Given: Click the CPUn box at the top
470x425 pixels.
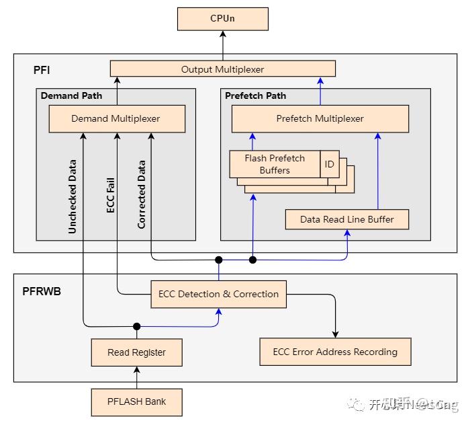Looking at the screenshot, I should tap(222, 19).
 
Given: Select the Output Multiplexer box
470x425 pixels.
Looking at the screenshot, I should tap(222, 69).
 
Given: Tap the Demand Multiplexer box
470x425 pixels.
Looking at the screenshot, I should tap(115, 119).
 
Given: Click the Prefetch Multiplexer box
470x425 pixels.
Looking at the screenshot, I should tap(320, 119).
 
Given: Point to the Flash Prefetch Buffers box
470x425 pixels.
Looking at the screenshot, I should tap(274, 164).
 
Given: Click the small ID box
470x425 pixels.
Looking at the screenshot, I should tap(329, 164).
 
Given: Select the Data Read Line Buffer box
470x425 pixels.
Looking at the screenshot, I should tap(346, 219).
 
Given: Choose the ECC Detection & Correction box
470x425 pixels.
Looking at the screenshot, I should tap(218, 294).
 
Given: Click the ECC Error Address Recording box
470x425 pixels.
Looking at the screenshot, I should tap(334, 352).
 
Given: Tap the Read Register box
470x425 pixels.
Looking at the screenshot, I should tap(136, 352).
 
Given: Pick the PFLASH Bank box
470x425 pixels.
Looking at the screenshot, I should tap(136, 402).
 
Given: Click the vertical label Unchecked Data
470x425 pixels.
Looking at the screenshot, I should tap(73, 196).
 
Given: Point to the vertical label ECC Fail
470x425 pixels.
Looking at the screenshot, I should tap(111, 195).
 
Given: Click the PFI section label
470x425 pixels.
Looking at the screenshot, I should tap(41, 70).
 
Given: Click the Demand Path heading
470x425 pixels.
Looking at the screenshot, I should tap(71, 95).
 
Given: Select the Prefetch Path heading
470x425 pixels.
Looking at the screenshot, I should tap(255, 95).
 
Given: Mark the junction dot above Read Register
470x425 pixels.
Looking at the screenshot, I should tap(136, 326).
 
